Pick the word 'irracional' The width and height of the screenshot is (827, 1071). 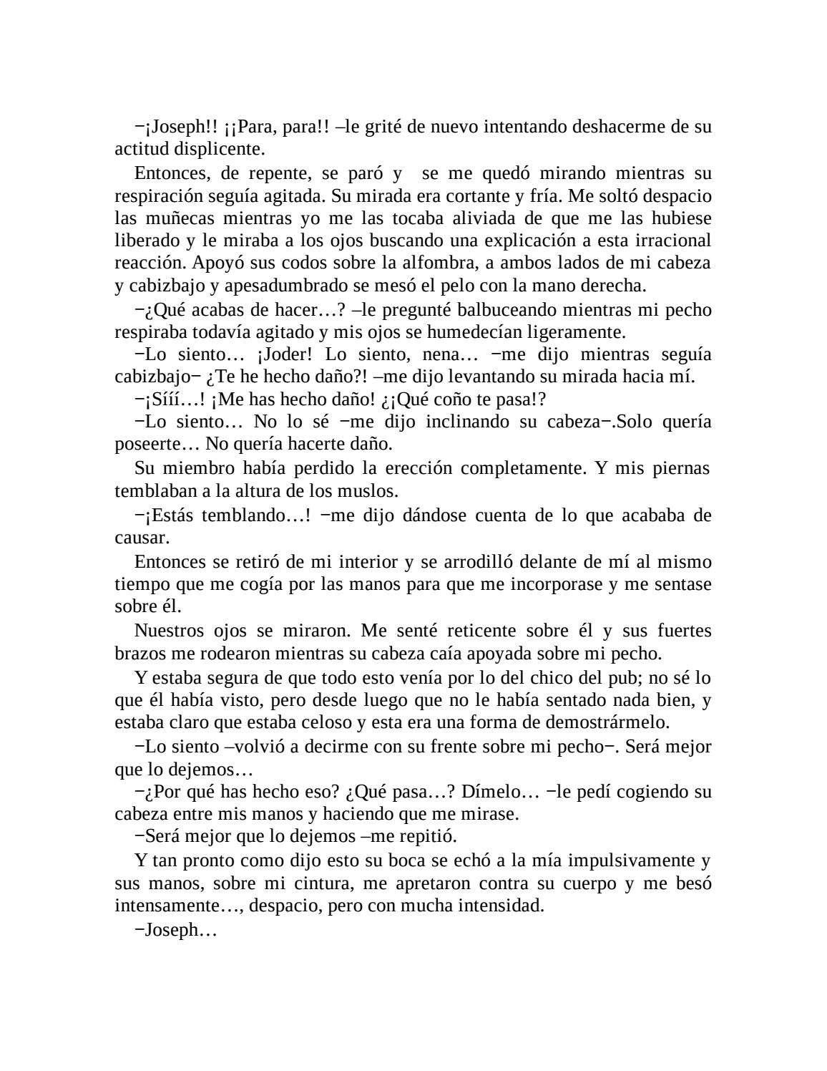(675, 241)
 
